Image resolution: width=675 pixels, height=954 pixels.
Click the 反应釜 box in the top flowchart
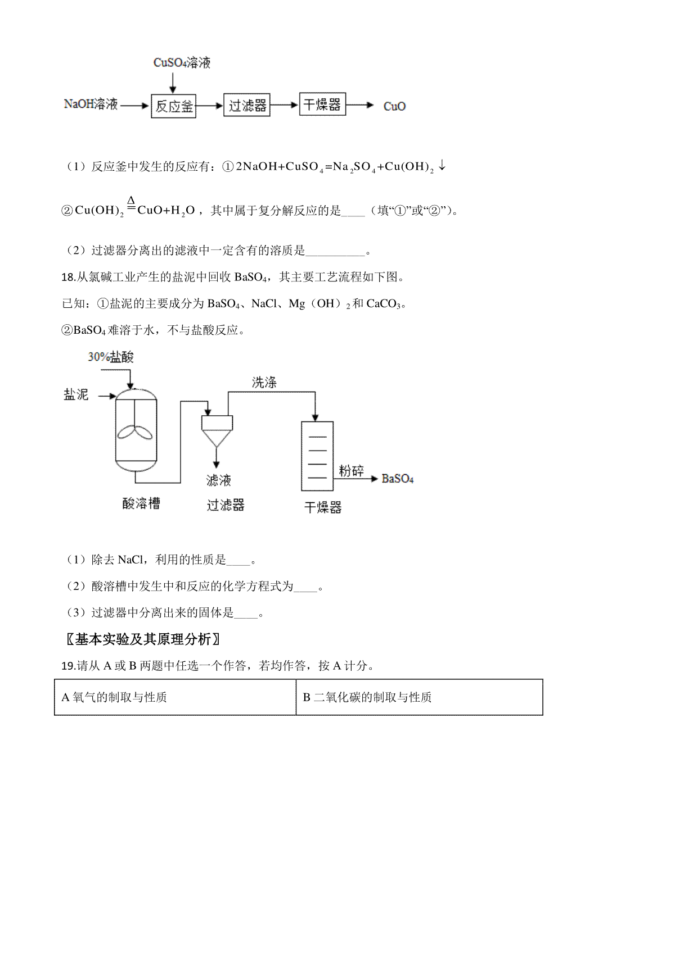pyautogui.click(x=174, y=106)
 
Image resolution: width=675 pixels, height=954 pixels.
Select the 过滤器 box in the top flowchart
pyautogui.click(x=247, y=106)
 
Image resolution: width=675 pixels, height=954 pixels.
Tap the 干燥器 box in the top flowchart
pyautogui.click(x=322, y=105)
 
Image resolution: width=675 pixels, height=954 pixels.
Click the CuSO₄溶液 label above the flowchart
pyautogui.click(x=182, y=62)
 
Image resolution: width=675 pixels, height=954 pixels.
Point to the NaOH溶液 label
pyautogui.click(x=91, y=105)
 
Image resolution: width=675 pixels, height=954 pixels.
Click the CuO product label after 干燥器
pyautogui.click(x=394, y=106)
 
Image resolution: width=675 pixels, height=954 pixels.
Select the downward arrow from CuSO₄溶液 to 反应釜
pyautogui.click(x=173, y=83)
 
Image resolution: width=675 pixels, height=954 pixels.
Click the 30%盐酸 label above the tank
pyautogui.click(x=111, y=357)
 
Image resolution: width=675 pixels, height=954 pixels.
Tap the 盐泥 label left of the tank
pyautogui.click(x=76, y=394)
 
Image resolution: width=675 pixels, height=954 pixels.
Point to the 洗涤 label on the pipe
pyautogui.click(x=264, y=383)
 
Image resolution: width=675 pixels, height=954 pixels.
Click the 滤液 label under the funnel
pyautogui.click(x=218, y=480)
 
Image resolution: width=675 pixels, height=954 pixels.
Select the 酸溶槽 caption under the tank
pyautogui.click(x=141, y=503)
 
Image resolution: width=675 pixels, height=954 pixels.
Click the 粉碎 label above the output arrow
pyautogui.click(x=351, y=471)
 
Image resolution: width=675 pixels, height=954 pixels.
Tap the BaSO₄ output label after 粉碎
pyautogui.click(x=398, y=479)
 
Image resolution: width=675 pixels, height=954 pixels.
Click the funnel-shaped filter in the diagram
pyautogui.click(x=217, y=430)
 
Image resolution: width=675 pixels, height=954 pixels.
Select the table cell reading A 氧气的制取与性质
pyautogui.click(x=175, y=697)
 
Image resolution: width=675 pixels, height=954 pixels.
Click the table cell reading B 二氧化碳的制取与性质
pyautogui.click(x=419, y=697)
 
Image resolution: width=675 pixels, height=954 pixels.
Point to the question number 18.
pyautogui.click(x=67, y=277)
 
